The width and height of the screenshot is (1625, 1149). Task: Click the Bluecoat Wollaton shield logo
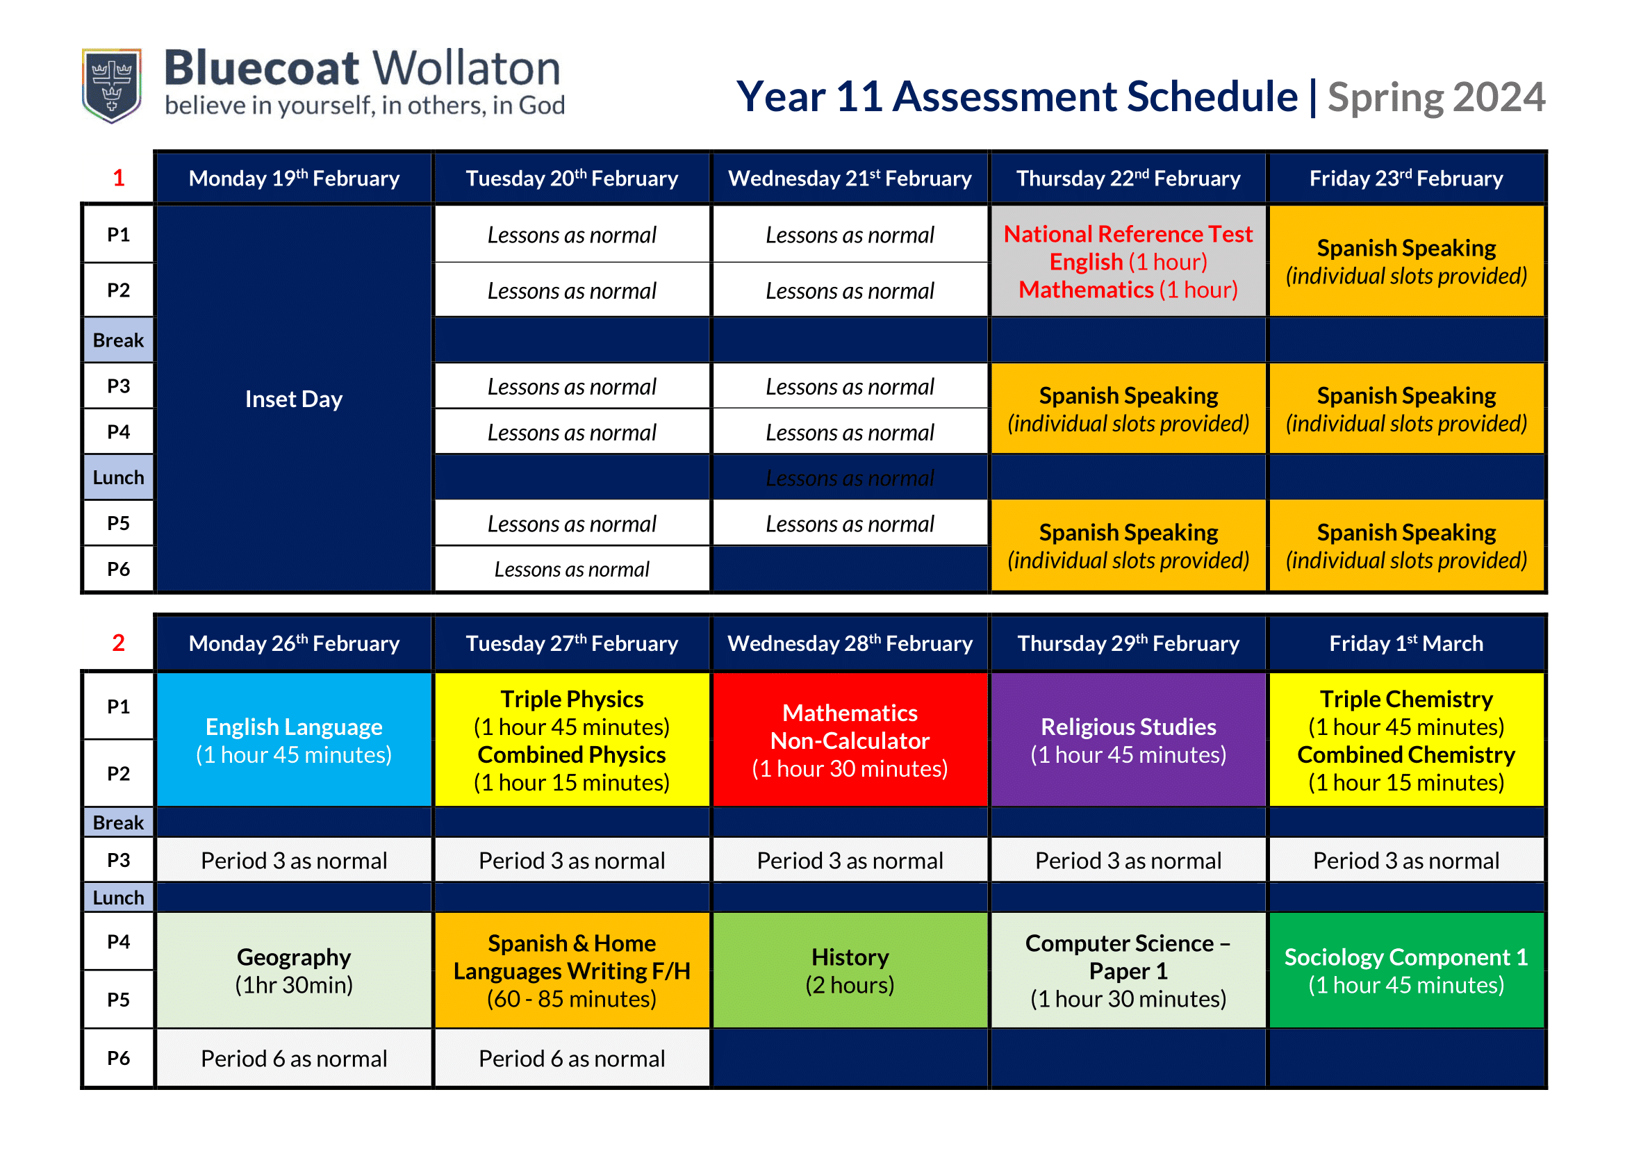pos(112,85)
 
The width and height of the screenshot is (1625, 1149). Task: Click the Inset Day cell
pos(294,398)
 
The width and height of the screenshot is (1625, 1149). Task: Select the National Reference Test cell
pos(1128,261)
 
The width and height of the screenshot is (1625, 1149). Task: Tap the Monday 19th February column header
pos(294,178)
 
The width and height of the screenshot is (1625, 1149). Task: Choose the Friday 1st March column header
pos(1406,643)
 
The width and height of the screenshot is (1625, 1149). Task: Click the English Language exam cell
pos(294,740)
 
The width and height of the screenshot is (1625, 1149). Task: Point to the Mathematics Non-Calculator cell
pos(850,740)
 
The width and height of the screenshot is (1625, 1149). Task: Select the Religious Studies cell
pos(1128,740)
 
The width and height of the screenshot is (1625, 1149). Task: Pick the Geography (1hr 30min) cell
pos(294,970)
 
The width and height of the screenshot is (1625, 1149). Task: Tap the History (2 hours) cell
pos(850,970)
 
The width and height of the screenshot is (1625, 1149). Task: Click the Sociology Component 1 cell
pos(1406,970)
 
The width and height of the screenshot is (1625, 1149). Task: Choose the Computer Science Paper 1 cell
pos(1128,970)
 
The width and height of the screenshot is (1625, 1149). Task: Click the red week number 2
pos(118,643)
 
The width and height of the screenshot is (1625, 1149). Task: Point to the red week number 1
pos(118,178)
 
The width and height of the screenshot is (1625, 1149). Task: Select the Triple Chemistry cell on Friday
pos(1406,740)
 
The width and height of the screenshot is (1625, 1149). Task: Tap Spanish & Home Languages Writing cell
pos(572,970)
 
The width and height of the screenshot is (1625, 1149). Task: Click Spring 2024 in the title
pos(1436,97)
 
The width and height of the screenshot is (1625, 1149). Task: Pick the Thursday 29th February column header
pos(1128,643)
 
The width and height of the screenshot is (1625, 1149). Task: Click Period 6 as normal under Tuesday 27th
pos(572,1058)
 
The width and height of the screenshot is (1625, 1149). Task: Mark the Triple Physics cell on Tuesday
pos(572,740)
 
